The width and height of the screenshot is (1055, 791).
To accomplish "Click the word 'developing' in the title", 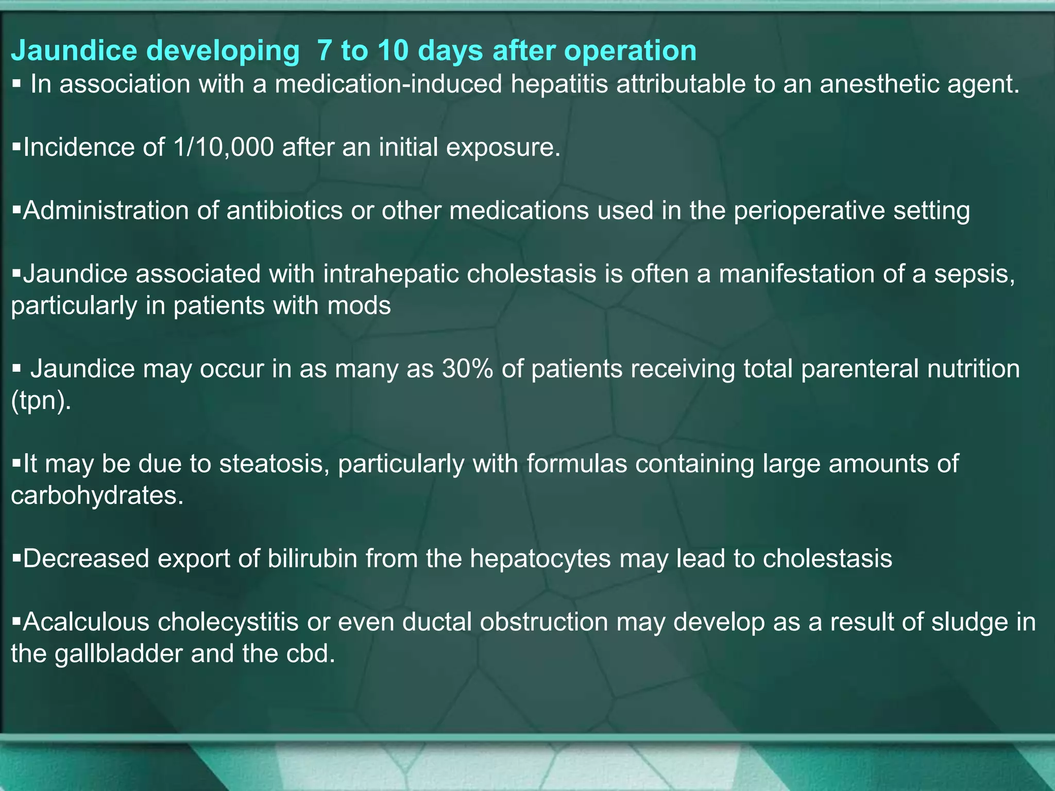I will tap(223, 51).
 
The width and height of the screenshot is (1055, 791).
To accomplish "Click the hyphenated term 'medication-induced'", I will tap(388, 84).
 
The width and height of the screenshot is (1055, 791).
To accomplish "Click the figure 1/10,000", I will tap(224, 148).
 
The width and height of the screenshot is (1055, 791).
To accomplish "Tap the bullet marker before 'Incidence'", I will tap(16, 147).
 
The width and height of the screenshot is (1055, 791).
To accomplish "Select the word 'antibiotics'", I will tap(284, 211).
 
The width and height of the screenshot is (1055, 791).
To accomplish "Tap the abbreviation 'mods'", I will tap(359, 306).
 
